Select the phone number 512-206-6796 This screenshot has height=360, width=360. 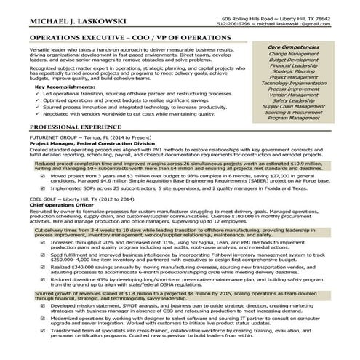click(x=237, y=24)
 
